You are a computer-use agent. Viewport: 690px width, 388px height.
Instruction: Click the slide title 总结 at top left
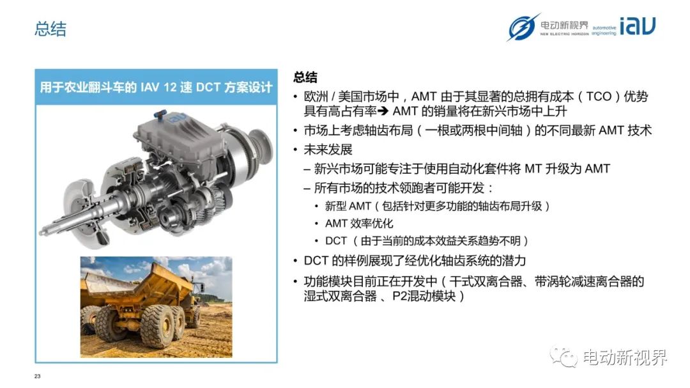[50, 29]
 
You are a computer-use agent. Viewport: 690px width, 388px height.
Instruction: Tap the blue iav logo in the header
[637, 26]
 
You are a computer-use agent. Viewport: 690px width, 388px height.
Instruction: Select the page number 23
[38, 376]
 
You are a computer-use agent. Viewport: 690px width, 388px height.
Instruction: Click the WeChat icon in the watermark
[563, 357]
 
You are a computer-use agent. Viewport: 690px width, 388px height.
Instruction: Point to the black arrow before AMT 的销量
[383, 111]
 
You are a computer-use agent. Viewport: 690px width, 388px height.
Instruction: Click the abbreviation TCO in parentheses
[599, 97]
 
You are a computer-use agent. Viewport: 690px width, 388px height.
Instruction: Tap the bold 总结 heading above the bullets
[305, 77]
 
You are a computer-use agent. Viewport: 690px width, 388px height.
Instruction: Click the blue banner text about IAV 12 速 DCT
[157, 87]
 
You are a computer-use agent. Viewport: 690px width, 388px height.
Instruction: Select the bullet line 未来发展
[328, 150]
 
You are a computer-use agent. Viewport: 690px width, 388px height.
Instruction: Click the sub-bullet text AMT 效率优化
[359, 223]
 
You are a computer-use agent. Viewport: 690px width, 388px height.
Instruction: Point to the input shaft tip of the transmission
[43, 231]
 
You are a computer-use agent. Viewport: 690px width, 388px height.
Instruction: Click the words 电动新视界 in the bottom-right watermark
[625, 357]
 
